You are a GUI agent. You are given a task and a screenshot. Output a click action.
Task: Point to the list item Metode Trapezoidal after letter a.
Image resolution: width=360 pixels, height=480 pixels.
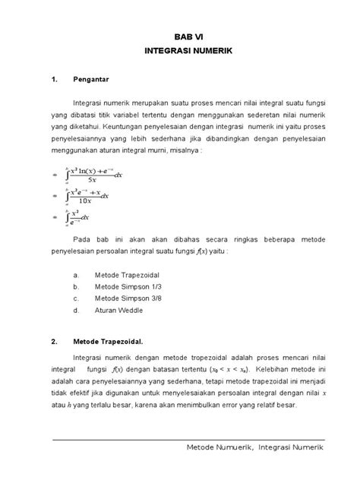tap(126, 275)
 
